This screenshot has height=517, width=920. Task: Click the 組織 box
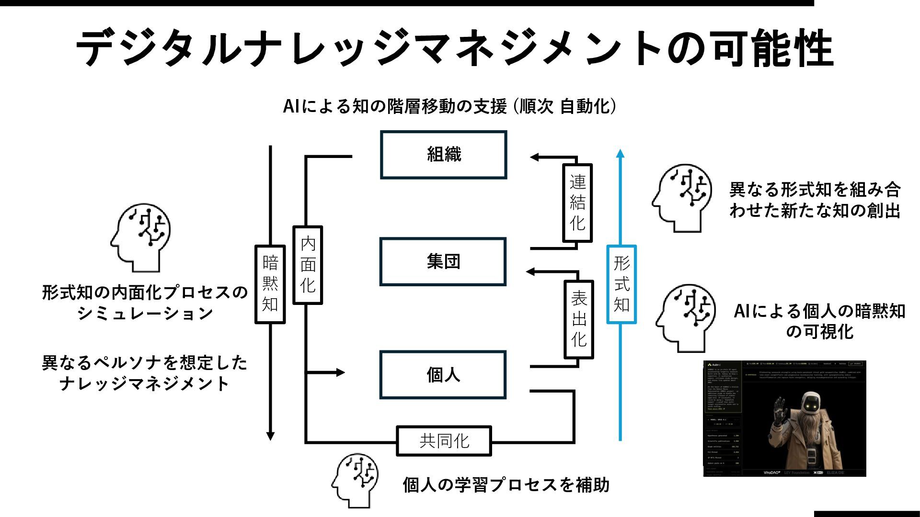click(443, 155)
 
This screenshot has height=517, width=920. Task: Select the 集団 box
click(443, 261)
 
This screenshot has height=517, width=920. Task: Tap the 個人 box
click(443, 375)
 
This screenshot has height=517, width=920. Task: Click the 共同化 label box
click(444, 440)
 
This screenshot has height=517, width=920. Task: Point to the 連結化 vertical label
click(577, 202)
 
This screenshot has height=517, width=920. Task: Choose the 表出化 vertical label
click(579, 319)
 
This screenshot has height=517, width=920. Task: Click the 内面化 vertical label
click(308, 265)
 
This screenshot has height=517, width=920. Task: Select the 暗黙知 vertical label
click(270, 284)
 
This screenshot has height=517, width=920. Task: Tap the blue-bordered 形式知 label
click(621, 284)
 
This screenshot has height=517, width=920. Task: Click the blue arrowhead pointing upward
click(620, 154)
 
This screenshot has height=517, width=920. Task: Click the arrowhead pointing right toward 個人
click(340, 372)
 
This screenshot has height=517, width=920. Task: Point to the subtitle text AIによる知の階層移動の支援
click(395, 106)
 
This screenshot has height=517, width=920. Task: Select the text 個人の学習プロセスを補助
click(506, 485)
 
